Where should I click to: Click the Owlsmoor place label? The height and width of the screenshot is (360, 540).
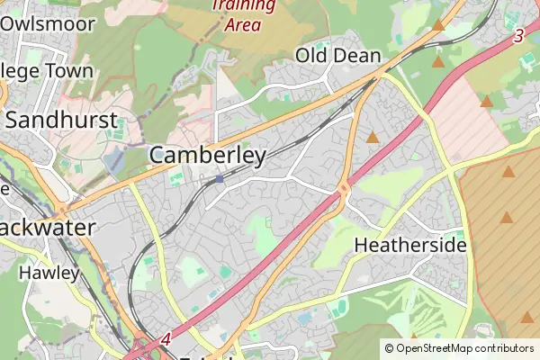[x=49, y=23]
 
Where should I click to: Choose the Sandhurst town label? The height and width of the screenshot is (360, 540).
[x=62, y=120]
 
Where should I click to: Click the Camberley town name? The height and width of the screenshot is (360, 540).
[x=208, y=156]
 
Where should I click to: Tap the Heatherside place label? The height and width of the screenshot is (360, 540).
[x=410, y=245]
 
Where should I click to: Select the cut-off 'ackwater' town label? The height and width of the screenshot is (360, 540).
[x=48, y=227]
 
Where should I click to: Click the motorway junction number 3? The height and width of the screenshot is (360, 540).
[x=518, y=37]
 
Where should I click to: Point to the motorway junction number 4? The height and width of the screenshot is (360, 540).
[x=166, y=340]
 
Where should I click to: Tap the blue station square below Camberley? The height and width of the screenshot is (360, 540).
[x=219, y=179]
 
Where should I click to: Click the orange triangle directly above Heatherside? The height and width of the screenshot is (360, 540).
[x=507, y=217]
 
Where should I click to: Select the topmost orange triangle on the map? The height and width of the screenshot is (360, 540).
[x=437, y=25]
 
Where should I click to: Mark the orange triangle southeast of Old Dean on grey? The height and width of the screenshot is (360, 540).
[x=373, y=138]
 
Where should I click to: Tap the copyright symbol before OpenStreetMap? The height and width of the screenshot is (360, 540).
[x=389, y=347]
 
